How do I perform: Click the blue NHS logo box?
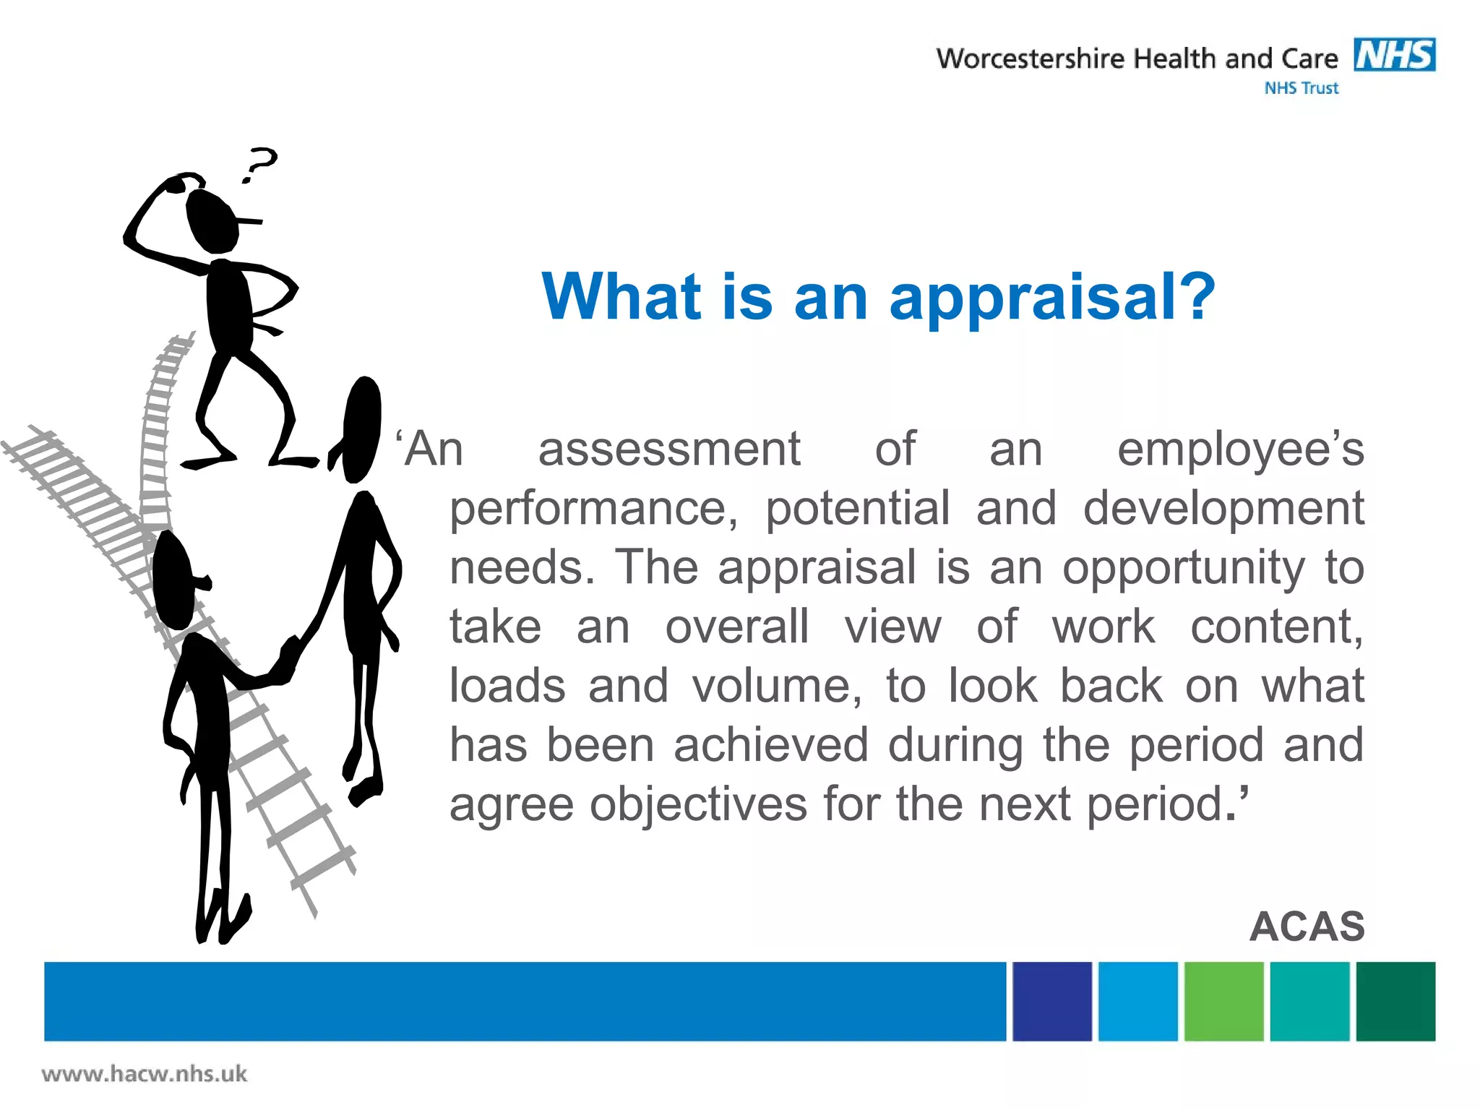pyautogui.click(x=1394, y=55)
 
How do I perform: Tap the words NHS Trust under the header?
pyautogui.click(x=1301, y=88)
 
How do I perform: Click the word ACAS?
pyautogui.click(x=1307, y=926)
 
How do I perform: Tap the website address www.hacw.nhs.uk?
pyautogui.click(x=145, y=1074)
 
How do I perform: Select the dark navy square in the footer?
pyautogui.click(x=1051, y=1001)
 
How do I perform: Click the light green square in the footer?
pyautogui.click(x=1223, y=1001)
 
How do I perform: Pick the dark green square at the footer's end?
pyautogui.click(x=1395, y=1001)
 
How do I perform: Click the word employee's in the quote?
pyautogui.click(x=1240, y=449)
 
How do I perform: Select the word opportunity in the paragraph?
pyautogui.click(x=1183, y=568)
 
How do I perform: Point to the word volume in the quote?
pyautogui.click(x=776, y=687)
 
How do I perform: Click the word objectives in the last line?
pyautogui.click(x=698, y=805)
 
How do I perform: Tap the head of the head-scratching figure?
pyautogui.click(x=211, y=220)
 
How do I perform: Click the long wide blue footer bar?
pyautogui.click(x=525, y=1001)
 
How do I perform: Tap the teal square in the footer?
pyautogui.click(x=1309, y=1001)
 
